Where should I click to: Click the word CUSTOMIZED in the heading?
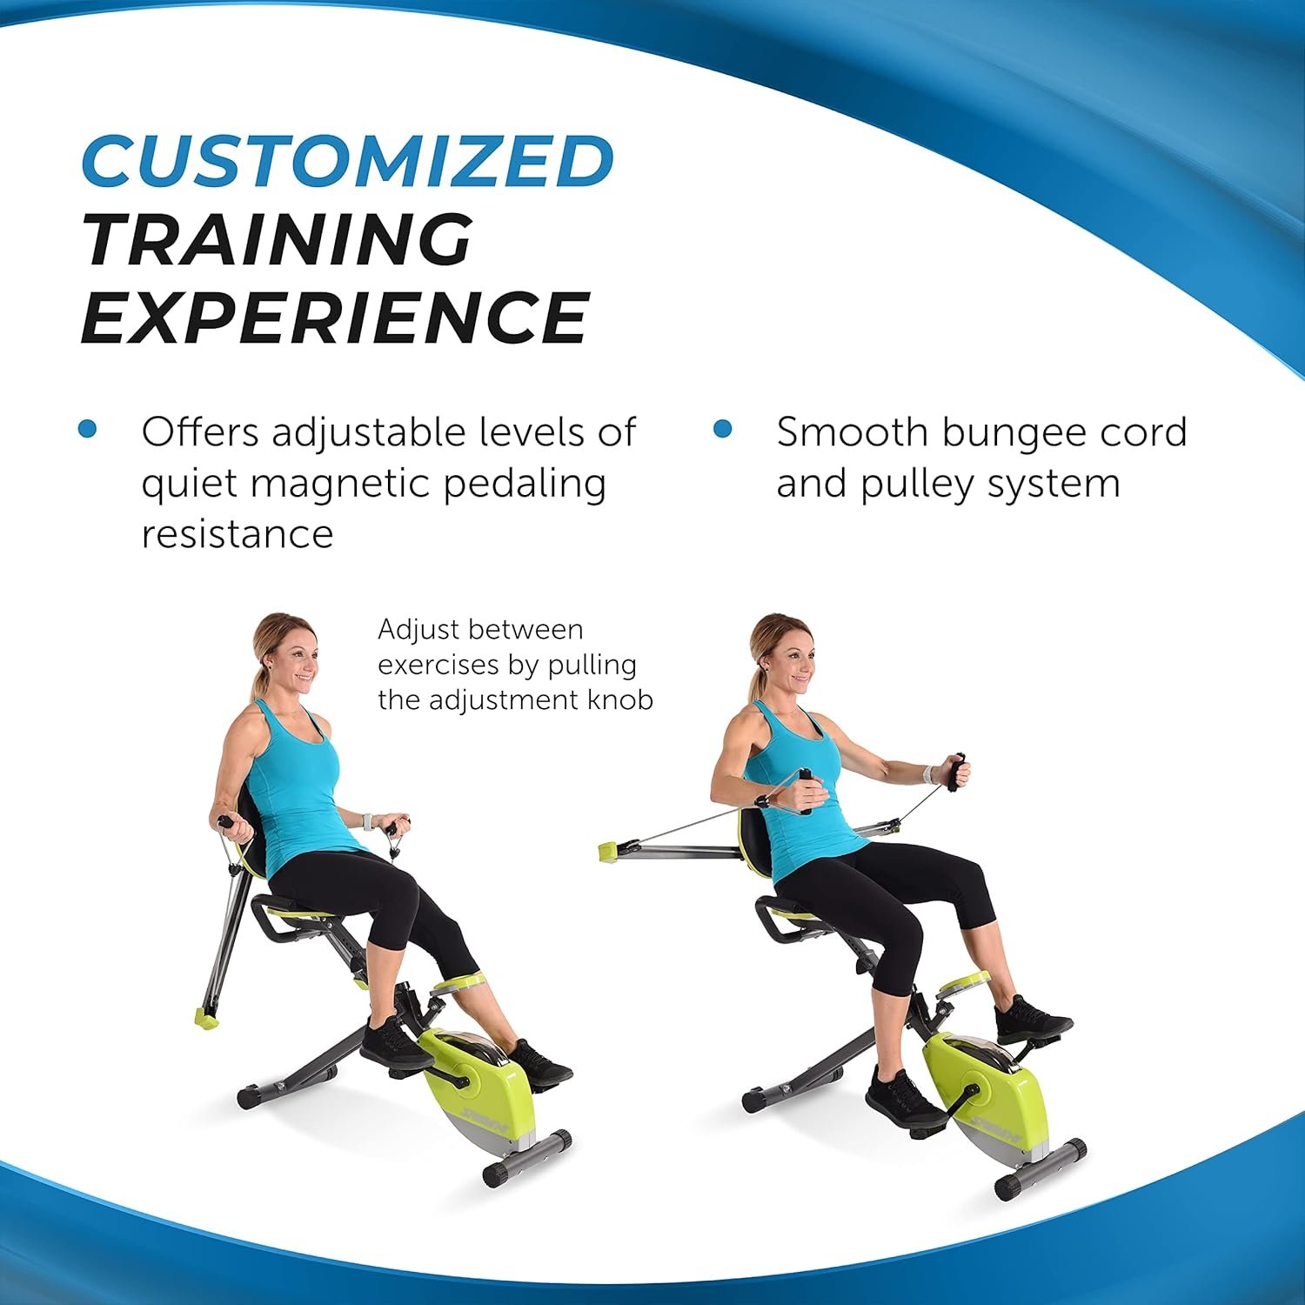click(x=348, y=161)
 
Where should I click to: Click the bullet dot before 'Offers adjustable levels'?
click(x=87, y=429)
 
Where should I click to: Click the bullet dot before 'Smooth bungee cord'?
click(x=722, y=429)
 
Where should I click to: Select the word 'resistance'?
click(x=237, y=533)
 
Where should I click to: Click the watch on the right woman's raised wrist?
click(x=934, y=773)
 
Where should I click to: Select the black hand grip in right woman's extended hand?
click(x=958, y=771)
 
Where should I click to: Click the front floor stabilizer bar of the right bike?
click(x=1041, y=1168)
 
